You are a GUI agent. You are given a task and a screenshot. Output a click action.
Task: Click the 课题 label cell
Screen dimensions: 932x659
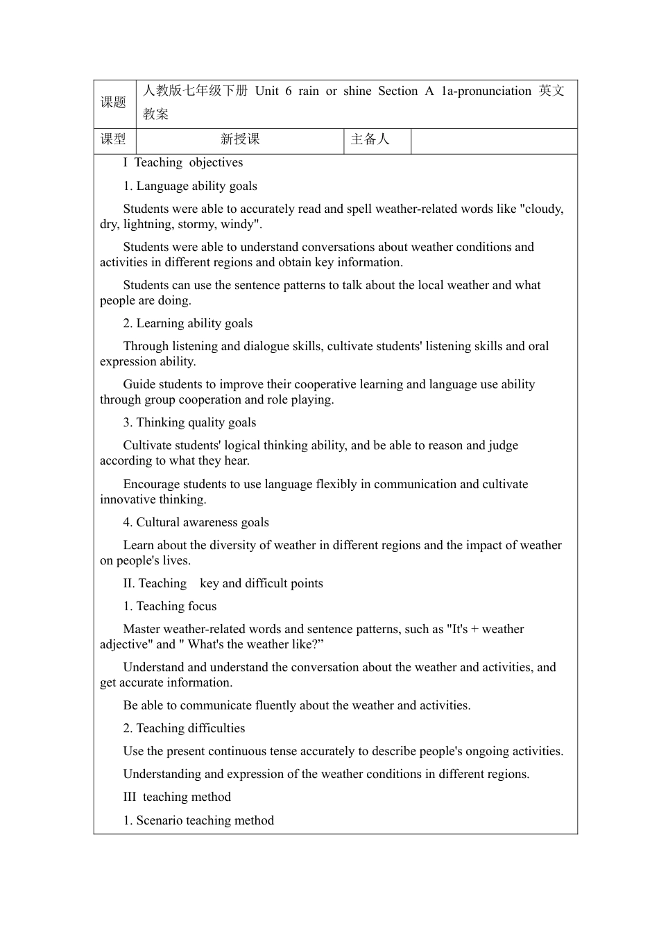[114, 103]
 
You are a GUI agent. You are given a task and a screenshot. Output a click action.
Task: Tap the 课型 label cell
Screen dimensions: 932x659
[114, 139]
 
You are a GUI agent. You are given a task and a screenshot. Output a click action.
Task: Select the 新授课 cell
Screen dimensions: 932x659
[240, 139]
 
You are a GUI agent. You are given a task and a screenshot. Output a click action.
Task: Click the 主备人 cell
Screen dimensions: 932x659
[370, 139]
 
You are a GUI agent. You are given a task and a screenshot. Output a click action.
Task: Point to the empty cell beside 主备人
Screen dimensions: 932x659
[494, 140]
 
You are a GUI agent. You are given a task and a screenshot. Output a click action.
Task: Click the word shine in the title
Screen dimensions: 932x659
[357, 91]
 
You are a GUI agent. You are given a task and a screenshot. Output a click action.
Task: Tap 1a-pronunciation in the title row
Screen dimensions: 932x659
[486, 91]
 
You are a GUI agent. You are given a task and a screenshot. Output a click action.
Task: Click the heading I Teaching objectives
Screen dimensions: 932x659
[183, 162]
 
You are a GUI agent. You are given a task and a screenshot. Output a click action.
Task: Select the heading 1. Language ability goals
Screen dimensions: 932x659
[190, 186]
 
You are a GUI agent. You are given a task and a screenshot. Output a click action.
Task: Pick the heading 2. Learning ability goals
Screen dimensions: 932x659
[188, 323]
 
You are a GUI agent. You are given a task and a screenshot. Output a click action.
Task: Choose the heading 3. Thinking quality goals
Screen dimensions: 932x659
[189, 422]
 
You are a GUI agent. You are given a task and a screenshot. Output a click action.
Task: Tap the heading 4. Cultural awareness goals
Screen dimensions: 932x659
[196, 522]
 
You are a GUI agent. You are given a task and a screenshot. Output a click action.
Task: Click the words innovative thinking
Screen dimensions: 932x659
[153, 499]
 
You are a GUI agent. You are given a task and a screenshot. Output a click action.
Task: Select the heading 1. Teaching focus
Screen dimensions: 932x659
[170, 606]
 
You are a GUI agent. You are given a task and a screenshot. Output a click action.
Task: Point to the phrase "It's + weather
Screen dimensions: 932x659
[486, 629]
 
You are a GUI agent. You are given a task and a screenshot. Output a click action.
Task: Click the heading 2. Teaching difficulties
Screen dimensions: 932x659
[184, 728]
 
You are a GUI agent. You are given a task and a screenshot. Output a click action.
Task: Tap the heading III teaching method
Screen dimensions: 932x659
[177, 797]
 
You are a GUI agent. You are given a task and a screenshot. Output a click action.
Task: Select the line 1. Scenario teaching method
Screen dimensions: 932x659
[198, 820]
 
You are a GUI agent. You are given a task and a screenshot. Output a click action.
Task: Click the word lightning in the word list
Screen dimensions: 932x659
[148, 224]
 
